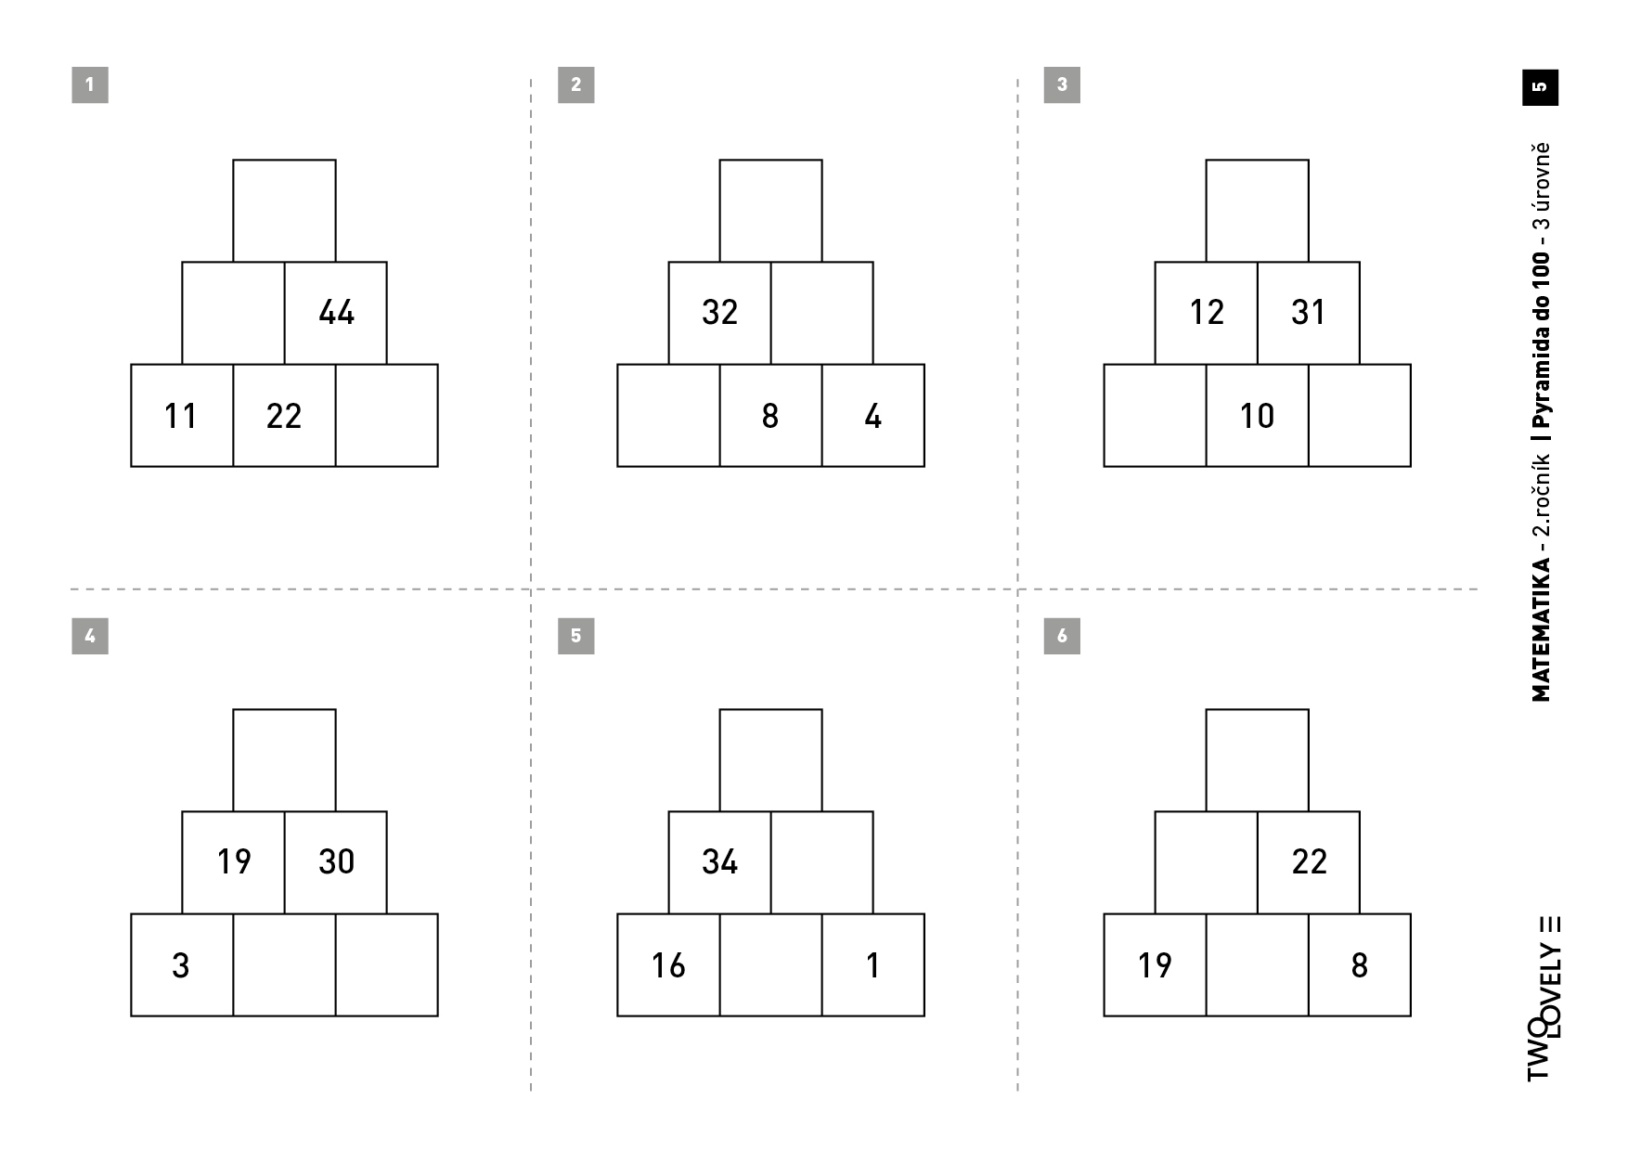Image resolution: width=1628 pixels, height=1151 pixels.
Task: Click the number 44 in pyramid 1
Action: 336,313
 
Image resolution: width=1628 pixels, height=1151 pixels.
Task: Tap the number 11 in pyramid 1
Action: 181,416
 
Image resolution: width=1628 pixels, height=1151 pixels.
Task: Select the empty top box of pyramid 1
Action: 284,211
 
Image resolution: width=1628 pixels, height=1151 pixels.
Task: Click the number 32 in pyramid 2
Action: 719,313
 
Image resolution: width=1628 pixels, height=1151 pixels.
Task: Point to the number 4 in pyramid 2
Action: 872,416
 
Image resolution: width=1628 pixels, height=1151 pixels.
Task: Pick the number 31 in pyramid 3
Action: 1308,313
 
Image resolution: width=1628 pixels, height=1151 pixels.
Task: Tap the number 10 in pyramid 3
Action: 1257,416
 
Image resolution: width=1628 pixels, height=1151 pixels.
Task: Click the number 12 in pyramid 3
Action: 1207,313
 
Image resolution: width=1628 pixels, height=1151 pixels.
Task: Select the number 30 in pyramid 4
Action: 336,862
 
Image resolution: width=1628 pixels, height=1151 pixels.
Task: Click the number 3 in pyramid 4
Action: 181,965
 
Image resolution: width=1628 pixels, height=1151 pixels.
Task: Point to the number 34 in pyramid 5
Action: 719,862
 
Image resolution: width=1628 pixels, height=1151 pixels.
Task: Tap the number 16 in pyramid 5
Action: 668,965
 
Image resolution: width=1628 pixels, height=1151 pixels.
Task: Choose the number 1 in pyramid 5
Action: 872,965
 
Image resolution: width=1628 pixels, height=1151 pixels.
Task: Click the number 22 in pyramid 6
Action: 1309,862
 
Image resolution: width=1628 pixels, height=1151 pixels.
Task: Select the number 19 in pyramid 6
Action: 1155,965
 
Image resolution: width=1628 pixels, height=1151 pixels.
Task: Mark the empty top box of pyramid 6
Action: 1257,760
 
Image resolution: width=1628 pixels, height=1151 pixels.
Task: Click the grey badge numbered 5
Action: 575,636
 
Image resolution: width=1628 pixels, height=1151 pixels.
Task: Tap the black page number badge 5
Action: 1541,87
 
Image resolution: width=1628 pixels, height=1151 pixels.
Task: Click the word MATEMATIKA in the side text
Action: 1541,629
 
